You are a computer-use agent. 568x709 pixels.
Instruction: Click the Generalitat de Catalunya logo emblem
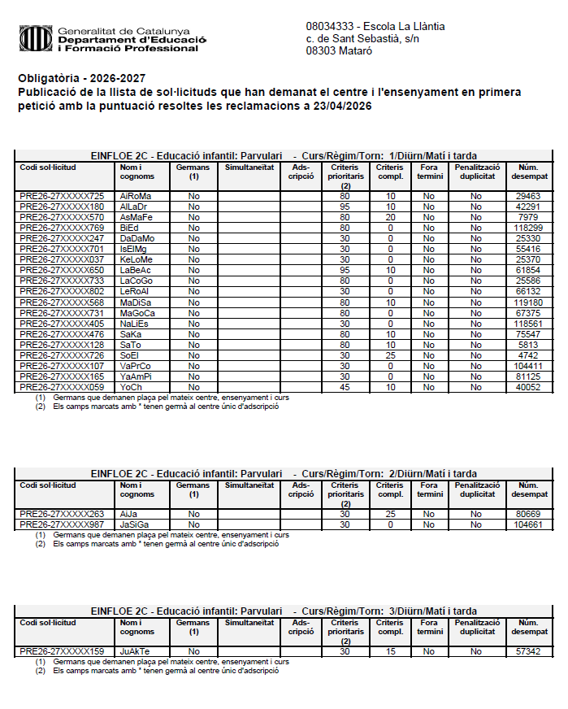[x=35, y=38]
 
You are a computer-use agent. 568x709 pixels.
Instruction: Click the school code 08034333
[x=329, y=26]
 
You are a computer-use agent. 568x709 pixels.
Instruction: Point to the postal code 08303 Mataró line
[x=339, y=50]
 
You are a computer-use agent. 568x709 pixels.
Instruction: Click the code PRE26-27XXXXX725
[x=62, y=196]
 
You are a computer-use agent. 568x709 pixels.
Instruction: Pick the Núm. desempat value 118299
[x=527, y=228]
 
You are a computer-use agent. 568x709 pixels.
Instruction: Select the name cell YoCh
[x=131, y=387]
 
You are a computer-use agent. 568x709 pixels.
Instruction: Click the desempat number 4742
[x=527, y=355]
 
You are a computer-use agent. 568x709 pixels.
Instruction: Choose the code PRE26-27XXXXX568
[x=62, y=302]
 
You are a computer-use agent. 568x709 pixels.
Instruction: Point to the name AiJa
[x=128, y=515]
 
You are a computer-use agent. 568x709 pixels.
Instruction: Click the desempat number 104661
[x=527, y=525]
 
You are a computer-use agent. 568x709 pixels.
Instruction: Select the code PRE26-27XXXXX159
[x=62, y=652]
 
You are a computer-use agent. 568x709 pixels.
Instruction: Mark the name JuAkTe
[x=135, y=652]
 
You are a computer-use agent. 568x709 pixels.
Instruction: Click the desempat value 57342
[x=527, y=652]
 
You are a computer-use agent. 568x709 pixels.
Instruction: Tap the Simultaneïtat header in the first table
[x=248, y=167]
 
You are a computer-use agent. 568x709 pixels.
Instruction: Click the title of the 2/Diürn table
[x=284, y=473]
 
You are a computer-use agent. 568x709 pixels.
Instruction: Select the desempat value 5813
[x=527, y=345]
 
